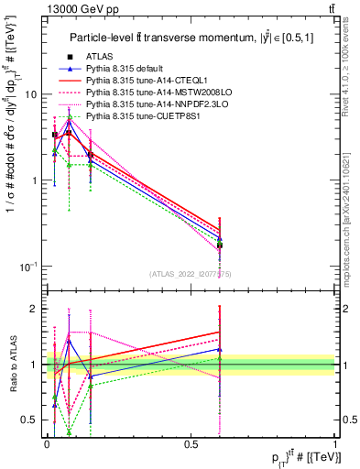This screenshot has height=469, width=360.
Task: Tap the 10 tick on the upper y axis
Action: (30, 94)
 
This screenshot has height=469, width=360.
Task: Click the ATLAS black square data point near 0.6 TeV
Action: (220, 245)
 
